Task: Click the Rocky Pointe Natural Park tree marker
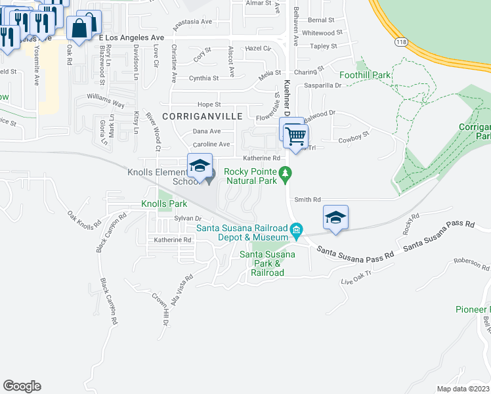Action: click(285, 173)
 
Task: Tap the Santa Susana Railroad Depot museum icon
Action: click(297, 229)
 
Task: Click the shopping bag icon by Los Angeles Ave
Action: click(80, 29)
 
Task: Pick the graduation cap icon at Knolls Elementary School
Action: click(200, 165)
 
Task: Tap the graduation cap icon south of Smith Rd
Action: click(335, 217)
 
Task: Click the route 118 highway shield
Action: click(400, 41)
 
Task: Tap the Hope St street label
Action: click(209, 104)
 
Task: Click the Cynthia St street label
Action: click(203, 78)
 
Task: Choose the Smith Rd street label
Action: click(307, 199)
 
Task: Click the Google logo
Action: click(22, 386)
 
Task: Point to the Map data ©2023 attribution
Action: click(463, 389)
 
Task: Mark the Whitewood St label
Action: click(322, 32)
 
